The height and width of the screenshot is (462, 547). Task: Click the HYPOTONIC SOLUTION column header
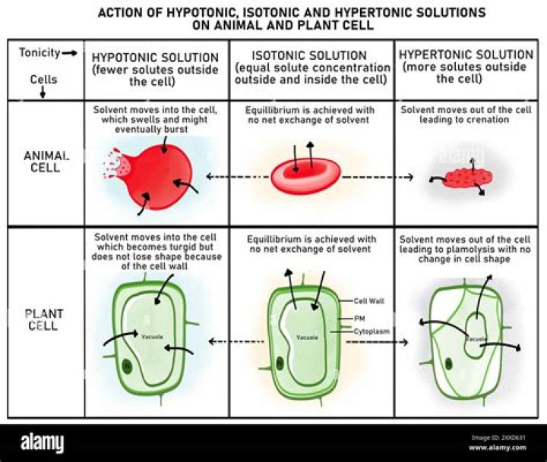(x=155, y=58)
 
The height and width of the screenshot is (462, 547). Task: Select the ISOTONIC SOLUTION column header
(x=311, y=56)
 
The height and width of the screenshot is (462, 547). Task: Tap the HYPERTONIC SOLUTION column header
(x=466, y=55)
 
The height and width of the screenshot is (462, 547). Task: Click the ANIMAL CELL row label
(x=46, y=162)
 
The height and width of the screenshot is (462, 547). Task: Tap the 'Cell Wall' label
(x=368, y=301)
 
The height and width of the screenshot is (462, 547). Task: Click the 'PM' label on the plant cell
(x=360, y=319)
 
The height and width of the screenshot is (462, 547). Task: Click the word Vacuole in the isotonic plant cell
(x=307, y=338)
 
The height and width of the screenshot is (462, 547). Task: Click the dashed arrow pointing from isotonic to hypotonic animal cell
(x=236, y=177)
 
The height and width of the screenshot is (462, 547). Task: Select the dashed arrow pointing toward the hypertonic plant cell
(x=376, y=343)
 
